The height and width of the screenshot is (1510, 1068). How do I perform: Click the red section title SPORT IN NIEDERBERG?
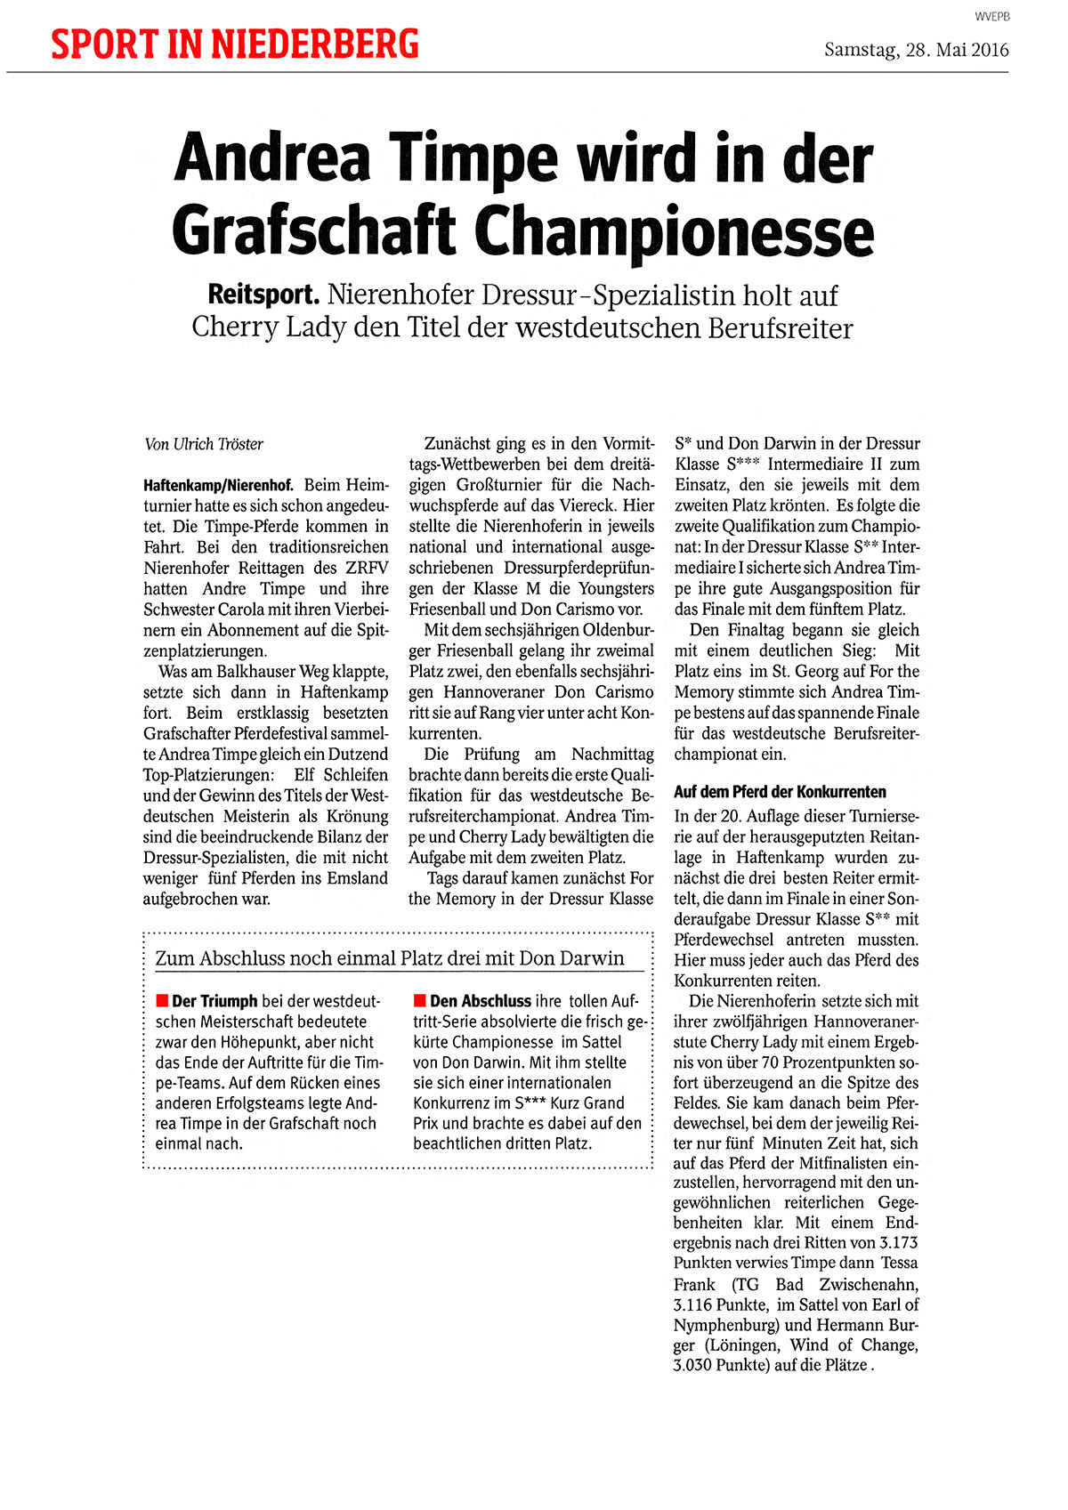[x=235, y=44]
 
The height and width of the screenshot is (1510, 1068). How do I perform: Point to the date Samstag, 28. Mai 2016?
[x=916, y=50]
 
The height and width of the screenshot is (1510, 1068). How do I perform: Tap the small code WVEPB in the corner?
[x=991, y=16]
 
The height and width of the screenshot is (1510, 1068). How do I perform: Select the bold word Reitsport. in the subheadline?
[x=263, y=295]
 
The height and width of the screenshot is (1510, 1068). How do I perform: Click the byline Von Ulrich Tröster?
[x=204, y=444]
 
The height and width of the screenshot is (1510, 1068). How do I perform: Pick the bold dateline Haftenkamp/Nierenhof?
[x=218, y=486]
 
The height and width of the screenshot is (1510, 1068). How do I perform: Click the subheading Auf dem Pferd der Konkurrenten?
[x=780, y=792]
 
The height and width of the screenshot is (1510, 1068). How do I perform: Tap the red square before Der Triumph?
[x=162, y=1001]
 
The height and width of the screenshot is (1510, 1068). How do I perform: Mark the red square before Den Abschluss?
[x=420, y=1001]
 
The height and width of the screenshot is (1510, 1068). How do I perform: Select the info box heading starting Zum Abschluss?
[x=390, y=958]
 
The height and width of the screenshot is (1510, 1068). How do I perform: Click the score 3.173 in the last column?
[x=898, y=1243]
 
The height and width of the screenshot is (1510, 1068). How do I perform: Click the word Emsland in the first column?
[x=357, y=878]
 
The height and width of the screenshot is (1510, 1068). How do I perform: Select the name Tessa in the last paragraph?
[x=900, y=1264]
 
